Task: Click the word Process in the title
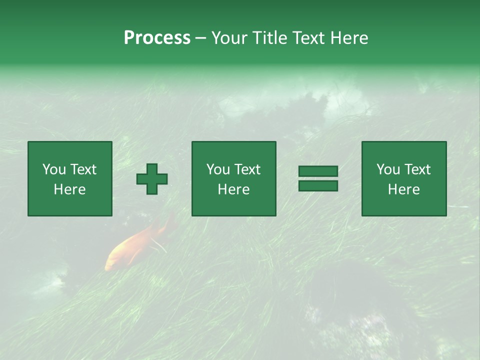tap(157, 38)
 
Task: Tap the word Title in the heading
tap(269, 38)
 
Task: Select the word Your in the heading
tap(229, 38)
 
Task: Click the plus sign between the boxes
tap(152, 179)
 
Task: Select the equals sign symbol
tap(318, 178)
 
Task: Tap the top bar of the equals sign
tap(318, 171)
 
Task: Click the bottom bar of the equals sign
tap(318, 186)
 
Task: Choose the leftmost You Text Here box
tap(70, 178)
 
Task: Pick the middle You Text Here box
tap(233, 178)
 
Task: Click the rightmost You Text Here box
tap(404, 178)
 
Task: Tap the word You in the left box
tap(54, 169)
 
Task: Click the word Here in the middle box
tap(233, 189)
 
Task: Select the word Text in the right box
tap(417, 169)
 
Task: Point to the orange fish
tap(135, 245)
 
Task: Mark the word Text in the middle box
tap(247, 169)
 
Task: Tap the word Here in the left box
tap(70, 189)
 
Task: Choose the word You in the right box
tap(388, 169)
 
